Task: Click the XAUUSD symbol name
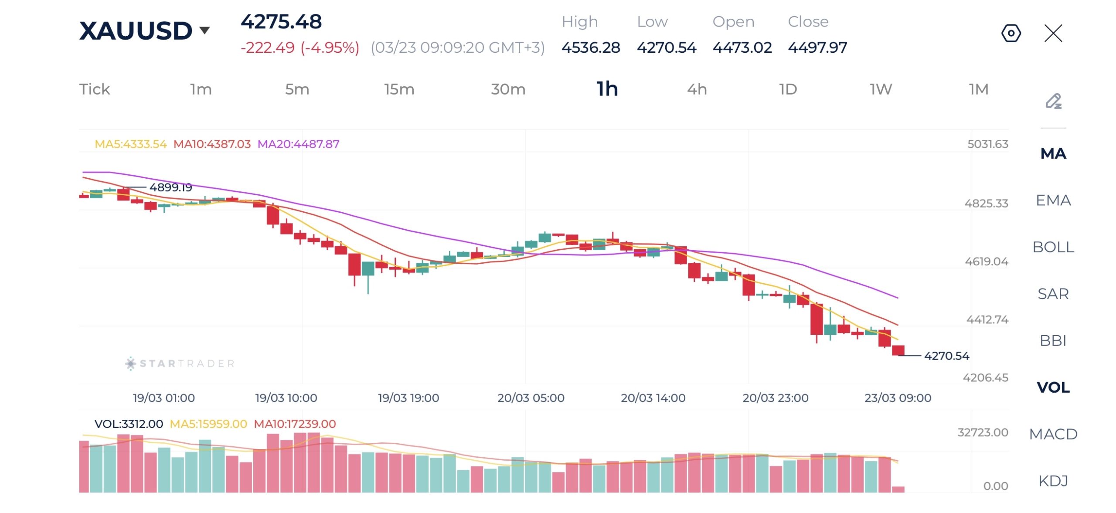(x=136, y=31)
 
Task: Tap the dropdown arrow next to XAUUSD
(x=204, y=30)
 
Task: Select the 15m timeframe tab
(x=399, y=89)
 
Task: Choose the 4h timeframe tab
(x=697, y=89)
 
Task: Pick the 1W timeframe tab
(x=881, y=89)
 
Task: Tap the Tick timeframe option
(x=94, y=89)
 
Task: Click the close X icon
(x=1053, y=33)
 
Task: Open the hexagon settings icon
(x=1011, y=33)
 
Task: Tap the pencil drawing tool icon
(x=1053, y=101)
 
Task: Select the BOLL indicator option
(x=1053, y=247)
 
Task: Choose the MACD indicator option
(x=1053, y=434)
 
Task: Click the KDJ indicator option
(x=1053, y=481)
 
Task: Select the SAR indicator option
(x=1053, y=294)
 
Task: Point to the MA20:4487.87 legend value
(x=298, y=144)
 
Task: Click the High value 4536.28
(x=591, y=47)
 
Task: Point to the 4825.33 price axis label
(x=986, y=203)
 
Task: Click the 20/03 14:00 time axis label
(x=653, y=397)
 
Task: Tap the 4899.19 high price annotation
(x=170, y=187)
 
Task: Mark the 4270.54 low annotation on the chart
(x=946, y=356)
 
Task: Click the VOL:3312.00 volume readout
(x=129, y=424)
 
